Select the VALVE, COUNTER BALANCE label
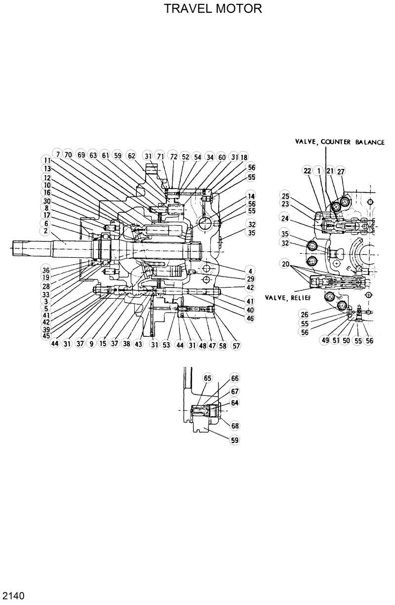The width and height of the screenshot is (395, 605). click(x=340, y=142)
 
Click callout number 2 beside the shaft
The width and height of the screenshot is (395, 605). click(x=46, y=231)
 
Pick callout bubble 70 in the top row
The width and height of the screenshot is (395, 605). click(x=68, y=155)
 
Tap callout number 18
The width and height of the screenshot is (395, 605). click(x=243, y=157)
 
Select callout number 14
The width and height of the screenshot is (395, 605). click(x=251, y=196)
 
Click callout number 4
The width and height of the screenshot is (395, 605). click(x=251, y=271)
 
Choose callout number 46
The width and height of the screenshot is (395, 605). click(x=251, y=319)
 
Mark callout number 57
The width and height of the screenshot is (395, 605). click(x=236, y=346)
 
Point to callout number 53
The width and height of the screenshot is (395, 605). click(x=166, y=345)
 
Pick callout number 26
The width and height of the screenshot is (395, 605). click(x=304, y=314)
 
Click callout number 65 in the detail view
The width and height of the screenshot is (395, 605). click(x=207, y=379)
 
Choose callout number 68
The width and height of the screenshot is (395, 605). click(x=235, y=426)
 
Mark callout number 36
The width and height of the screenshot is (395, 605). click(x=46, y=270)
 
